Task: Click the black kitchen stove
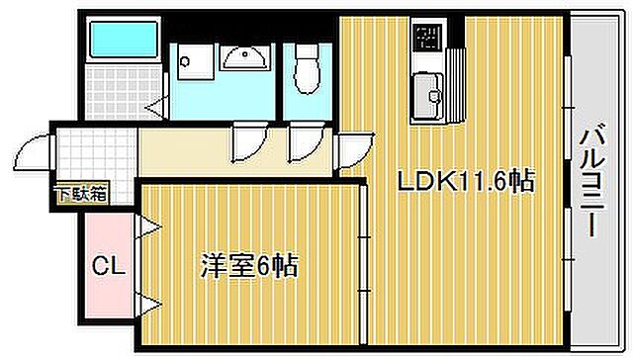click(x=428, y=39)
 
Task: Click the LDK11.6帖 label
click(x=466, y=182)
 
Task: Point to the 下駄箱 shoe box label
click(x=79, y=194)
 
